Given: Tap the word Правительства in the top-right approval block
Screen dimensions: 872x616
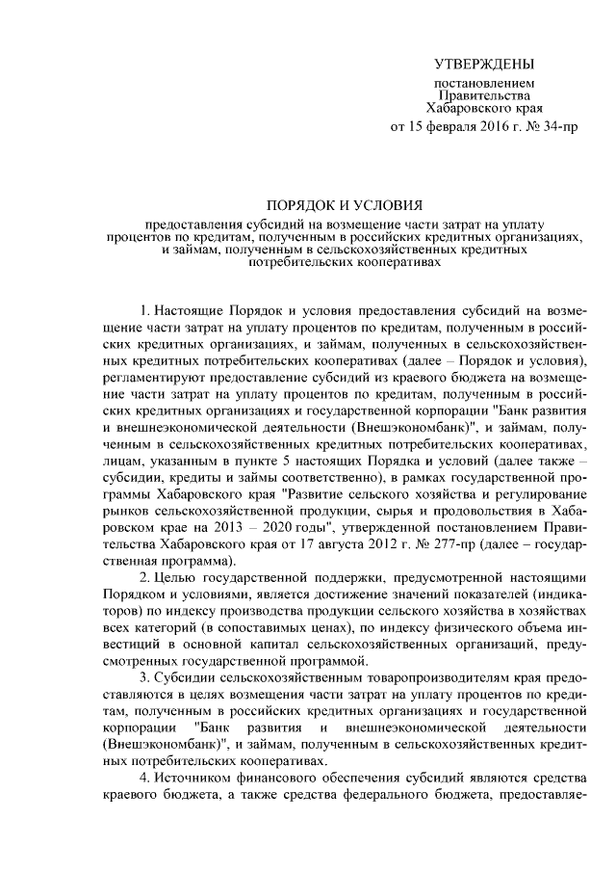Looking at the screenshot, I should (484, 96).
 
